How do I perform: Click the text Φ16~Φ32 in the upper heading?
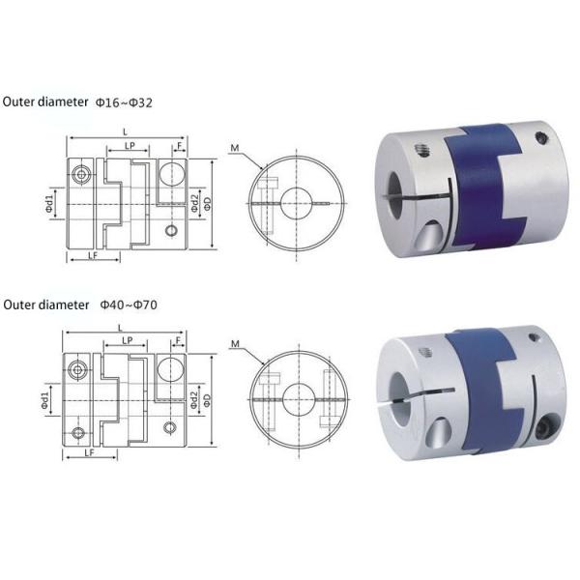[x=124, y=102]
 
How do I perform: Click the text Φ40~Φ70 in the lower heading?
[x=129, y=304]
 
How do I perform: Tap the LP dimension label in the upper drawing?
[x=130, y=146]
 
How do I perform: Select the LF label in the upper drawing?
[x=93, y=255]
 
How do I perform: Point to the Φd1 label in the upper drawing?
[x=49, y=204]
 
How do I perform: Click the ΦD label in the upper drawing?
[x=207, y=204]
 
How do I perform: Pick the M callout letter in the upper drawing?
[x=235, y=148]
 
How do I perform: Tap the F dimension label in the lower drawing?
[x=179, y=340]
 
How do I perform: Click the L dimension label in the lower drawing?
[x=120, y=328]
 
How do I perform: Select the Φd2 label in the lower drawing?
[x=194, y=400]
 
